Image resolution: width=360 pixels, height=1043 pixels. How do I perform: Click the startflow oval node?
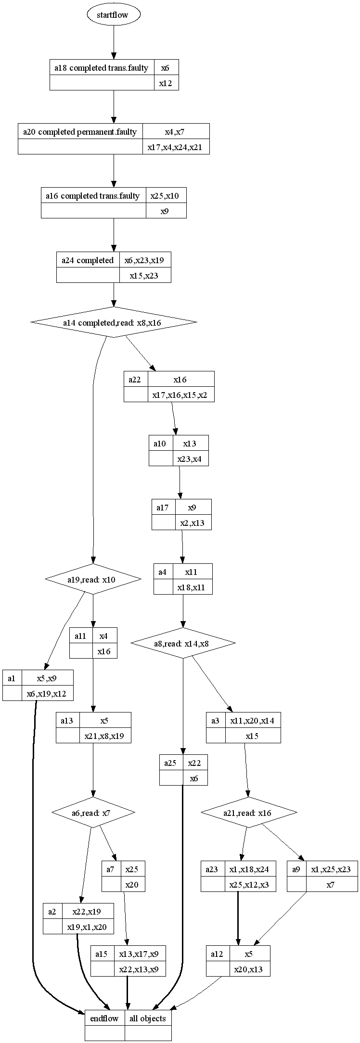coord(114,15)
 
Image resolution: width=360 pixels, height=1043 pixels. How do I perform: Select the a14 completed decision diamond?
coord(114,322)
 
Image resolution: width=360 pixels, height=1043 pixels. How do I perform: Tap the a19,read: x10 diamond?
coord(93,579)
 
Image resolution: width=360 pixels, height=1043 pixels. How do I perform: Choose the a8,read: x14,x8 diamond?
coord(183,643)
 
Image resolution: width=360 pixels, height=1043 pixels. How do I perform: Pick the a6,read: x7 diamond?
coord(93,813)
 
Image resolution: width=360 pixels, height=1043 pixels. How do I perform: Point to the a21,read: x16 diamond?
coord(248,813)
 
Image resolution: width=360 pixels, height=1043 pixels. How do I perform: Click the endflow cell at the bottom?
coord(104,1018)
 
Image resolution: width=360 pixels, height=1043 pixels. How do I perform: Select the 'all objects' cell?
coord(148,1018)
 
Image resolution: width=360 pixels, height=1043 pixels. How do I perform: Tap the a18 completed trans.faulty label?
coord(102,68)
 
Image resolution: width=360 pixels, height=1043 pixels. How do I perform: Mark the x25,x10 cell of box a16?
coord(166,196)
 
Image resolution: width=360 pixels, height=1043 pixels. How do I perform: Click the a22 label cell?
coord(135,380)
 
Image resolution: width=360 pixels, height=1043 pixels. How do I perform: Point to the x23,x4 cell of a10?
coord(190,459)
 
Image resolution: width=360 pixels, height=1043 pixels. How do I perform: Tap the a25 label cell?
coord(171,763)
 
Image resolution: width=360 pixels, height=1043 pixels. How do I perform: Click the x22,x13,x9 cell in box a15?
coord(141,969)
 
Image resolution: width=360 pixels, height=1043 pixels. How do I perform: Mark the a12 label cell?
coord(218,954)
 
